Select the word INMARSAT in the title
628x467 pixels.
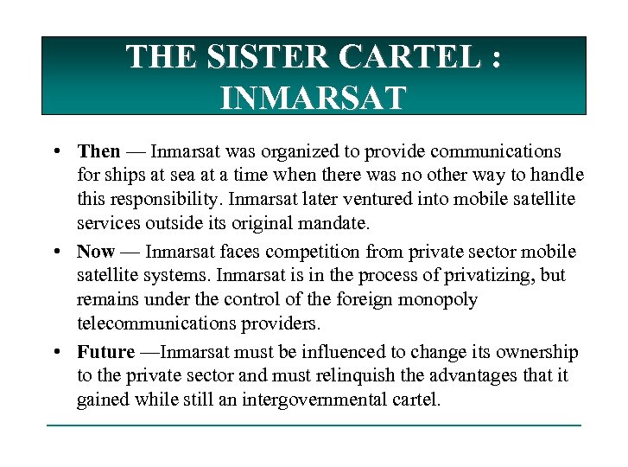coord(313,98)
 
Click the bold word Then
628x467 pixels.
coord(98,152)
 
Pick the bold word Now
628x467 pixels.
coord(95,252)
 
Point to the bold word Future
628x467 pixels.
coord(105,352)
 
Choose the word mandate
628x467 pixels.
coord(332,223)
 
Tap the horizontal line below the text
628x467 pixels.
coord(314,425)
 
